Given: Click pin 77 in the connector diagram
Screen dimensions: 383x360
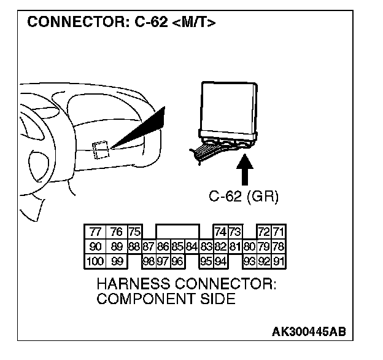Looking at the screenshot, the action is coord(95,232).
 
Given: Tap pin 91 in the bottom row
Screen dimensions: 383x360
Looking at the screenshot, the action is coord(279,261).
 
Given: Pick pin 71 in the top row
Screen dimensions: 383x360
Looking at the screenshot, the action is coord(279,232).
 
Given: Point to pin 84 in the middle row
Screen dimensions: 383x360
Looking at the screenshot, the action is coord(191,247).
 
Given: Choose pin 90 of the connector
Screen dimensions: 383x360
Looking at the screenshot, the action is coord(95,247).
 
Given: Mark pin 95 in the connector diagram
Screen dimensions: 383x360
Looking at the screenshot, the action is coord(206,261).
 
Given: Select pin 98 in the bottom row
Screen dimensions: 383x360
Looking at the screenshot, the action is coord(148,261).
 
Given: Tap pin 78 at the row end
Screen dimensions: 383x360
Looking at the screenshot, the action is coord(279,247).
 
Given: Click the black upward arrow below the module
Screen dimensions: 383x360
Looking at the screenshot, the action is coord(244,171).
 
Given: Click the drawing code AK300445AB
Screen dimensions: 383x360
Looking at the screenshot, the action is coord(309,332).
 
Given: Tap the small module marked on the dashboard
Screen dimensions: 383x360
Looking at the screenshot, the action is coord(101,148).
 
